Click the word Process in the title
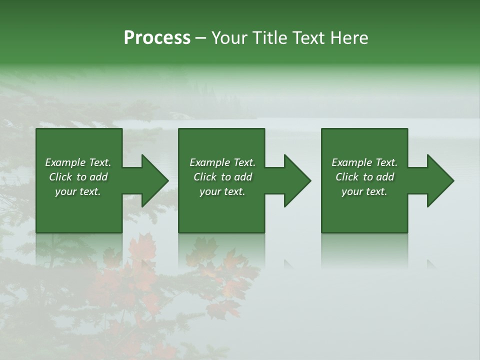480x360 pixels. pos(157,38)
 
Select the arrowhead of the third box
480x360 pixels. pos(439,180)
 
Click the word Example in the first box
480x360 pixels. pos(65,162)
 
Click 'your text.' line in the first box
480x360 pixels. pos(78,191)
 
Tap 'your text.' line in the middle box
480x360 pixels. pos(222,191)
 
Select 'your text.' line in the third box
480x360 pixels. pos(364,191)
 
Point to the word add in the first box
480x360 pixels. pos(98,177)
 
